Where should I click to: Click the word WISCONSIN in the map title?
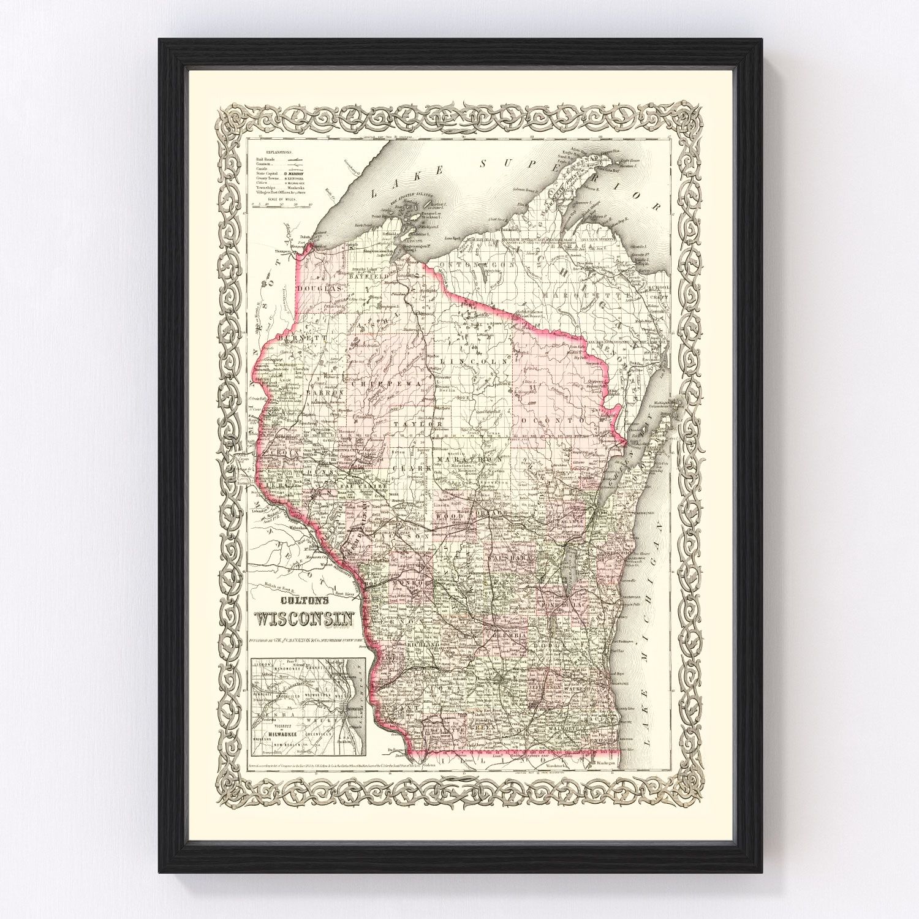pyautogui.click(x=304, y=620)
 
